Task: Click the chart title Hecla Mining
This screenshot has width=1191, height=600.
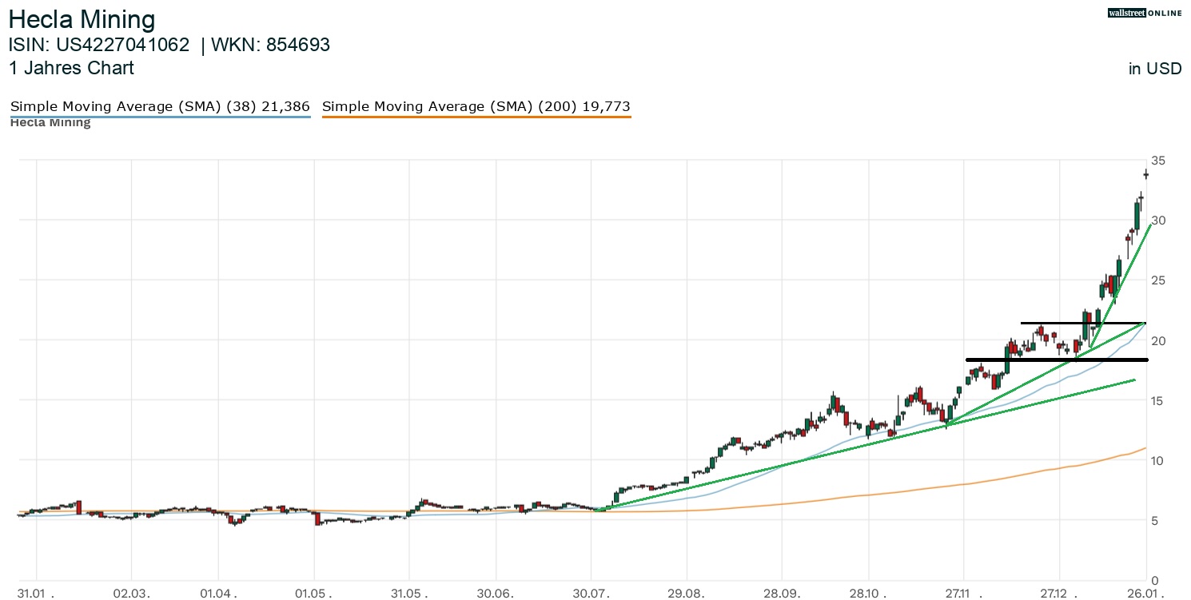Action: [x=82, y=19]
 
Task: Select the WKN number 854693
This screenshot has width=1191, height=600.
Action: [x=298, y=46]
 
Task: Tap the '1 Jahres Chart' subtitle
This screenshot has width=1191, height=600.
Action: [x=72, y=68]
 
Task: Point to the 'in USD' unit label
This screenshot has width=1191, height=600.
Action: [x=1154, y=69]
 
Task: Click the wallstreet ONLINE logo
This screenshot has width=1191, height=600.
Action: [x=1144, y=13]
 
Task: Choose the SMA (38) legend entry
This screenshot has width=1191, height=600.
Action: [x=160, y=106]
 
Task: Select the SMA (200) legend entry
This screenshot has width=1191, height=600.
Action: [x=476, y=106]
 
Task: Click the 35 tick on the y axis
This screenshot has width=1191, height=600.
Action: [x=1157, y=161]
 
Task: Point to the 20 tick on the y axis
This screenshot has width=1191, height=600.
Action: [x=1157, y=341]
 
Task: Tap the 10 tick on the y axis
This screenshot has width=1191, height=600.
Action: [x=1157, y=461]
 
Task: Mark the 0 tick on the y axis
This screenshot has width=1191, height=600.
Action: [x=1154, y=581]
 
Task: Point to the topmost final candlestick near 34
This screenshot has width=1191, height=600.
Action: [x=1146, y=174]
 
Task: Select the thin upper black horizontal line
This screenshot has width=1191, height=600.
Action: [x=1082, y=323]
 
